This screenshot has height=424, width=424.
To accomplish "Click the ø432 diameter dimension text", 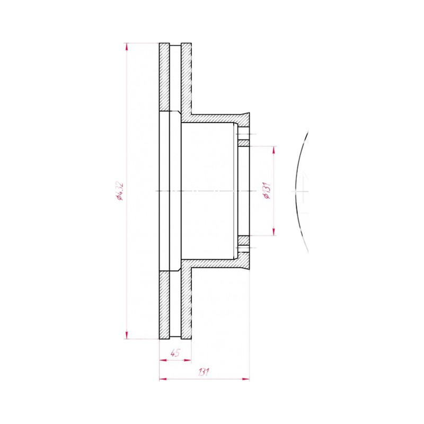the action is (x=120, y=191).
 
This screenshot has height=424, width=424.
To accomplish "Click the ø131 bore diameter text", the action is (x=267, y=190).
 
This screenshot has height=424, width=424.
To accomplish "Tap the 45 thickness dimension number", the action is (x=175, y=353).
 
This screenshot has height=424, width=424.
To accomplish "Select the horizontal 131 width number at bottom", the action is (x=204, y=372).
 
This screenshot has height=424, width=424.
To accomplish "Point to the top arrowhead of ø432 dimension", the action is (x=127, y=47).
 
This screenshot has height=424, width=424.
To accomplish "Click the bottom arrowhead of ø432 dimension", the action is (x=127, y=335).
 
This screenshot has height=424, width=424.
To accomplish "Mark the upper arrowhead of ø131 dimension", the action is (x=274, y=151).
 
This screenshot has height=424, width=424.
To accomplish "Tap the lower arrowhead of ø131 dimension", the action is (x=274, y=232).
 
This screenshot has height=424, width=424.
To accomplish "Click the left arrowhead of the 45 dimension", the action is (x=163, y=360).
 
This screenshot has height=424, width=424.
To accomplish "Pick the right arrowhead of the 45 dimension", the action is (x=188, y=360).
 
